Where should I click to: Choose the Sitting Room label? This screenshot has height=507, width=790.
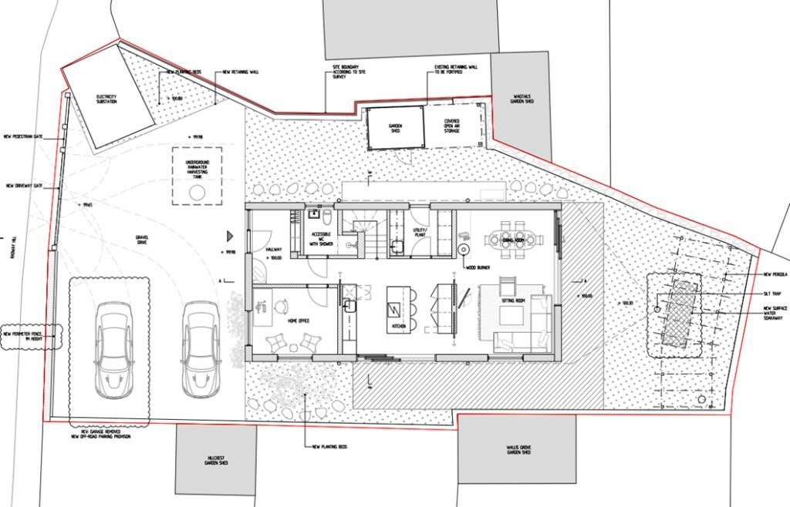coord(511,294)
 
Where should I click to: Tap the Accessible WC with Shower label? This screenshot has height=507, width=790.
coord(322,238)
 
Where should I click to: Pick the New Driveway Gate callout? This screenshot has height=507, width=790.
coord(24,186)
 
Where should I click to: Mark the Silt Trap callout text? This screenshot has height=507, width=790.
coord(774,294)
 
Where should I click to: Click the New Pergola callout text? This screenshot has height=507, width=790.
coord(775,274)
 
